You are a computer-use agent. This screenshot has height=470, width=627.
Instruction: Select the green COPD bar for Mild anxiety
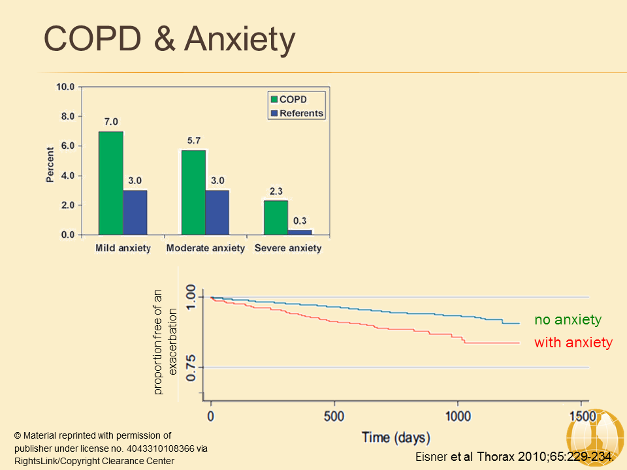[110, 183]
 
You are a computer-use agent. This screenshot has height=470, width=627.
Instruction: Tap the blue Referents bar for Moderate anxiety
[217, 212]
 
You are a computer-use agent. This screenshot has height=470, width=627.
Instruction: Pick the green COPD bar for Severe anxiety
[276, 217]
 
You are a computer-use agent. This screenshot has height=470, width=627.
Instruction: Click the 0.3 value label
[300, 221]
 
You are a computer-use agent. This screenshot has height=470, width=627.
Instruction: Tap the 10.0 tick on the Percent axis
[65, 87]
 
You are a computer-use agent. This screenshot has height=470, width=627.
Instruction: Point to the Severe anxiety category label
[288, 248]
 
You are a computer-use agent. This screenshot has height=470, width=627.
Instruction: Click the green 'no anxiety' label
[568, 320]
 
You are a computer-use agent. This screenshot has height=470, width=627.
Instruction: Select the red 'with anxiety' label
[573, 343]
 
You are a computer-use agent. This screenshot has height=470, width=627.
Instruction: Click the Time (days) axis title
[396, 437]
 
